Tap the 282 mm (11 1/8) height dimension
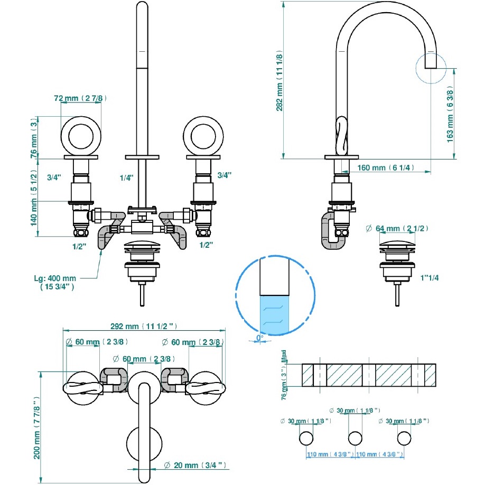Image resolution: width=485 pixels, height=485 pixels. pos(279,81)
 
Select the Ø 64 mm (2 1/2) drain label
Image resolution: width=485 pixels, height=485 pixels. pos(397,228)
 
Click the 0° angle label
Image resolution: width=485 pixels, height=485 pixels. pos(259,337)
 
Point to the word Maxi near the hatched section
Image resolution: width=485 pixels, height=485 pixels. pos(284,357)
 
